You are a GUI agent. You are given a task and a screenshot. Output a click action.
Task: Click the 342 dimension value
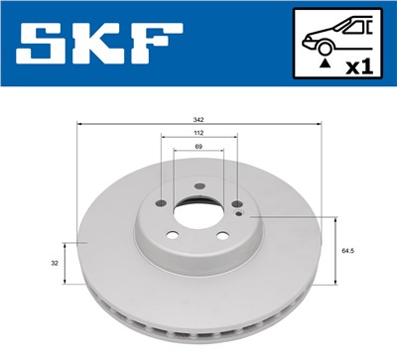coord(199,119)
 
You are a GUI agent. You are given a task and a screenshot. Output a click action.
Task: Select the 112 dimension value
coord(199,133)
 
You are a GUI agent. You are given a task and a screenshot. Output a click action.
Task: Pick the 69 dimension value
coord(199,147)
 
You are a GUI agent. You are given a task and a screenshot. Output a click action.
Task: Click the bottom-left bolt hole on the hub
coord(171,236)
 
